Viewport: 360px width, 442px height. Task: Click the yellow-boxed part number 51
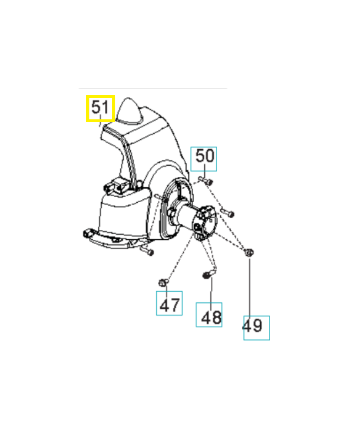pyautogui.click(x=100, y=108)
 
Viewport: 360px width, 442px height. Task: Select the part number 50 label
pyautogui.click(x=204, y=159)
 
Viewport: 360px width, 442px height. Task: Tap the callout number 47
pyautogui.click(x=169, y=303)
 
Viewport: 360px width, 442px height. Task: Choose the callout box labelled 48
pyautogui.click(x=210, y=315)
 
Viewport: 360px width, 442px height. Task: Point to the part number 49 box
pyautogui.click(x=257, y=328)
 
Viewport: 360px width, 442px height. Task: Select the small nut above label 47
pyautogui.click(x=162, y=282)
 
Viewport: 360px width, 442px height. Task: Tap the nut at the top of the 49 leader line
pyautogui.click(x=249, y=252)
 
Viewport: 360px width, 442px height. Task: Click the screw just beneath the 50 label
pyautogui.click(x=205, y=180)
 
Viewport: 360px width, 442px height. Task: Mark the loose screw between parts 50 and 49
pyautogui.click(x=227, y=212)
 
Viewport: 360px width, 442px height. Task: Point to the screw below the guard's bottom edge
pyautogui.click(x=147, y=251)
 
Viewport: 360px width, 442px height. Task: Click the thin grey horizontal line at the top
pyautogui.click(x=152, y=88)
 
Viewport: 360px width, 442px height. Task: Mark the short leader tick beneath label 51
pyautogui.click(x=100, y=125)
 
